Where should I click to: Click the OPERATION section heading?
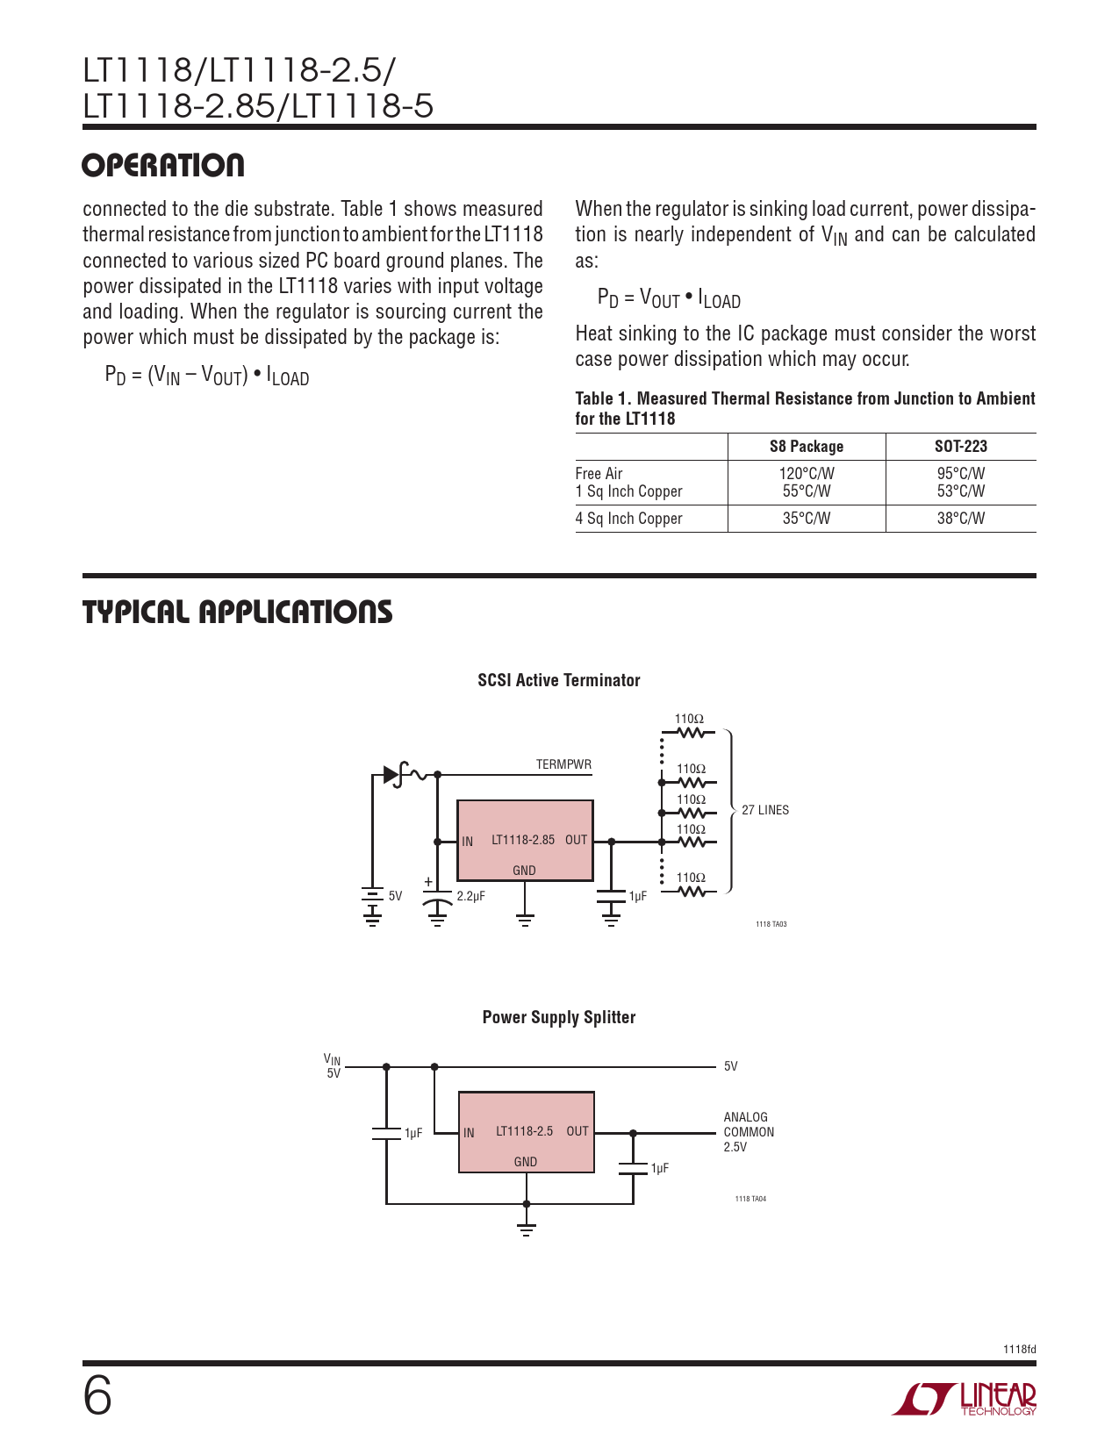click(163, 166)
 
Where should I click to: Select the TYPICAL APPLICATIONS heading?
click(237, 613)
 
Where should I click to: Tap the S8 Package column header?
click(806, 447)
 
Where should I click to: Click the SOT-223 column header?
click(960, 447)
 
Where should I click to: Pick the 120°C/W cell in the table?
click(806, 474)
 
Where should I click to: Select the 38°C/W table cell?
click(960, 519)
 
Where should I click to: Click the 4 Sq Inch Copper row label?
click(628, 519)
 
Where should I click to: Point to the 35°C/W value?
click(806, 519)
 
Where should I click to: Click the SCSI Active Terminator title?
click(558, 680)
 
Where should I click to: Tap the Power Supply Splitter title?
click(558, 1017)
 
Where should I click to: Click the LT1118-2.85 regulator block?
click(525, 841)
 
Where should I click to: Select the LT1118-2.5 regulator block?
click(526, 1132)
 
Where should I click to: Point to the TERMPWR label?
click(563, 764)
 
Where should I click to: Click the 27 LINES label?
click(764, 810)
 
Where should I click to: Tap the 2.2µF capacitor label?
click(470, 896)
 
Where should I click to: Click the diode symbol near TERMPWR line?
click(391, 775)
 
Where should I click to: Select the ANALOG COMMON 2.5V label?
click(748, 1132)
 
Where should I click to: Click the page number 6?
click(97, 1396)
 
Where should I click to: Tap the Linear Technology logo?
click(965, 1399)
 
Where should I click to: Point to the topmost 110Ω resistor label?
click(689, 719)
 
